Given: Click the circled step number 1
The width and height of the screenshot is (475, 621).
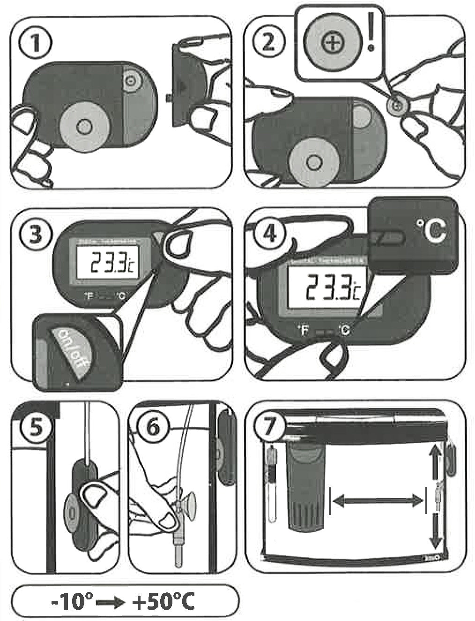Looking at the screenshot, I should (x=35, y=45).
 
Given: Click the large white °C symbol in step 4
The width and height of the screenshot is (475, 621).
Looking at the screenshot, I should (x=430, y=230).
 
